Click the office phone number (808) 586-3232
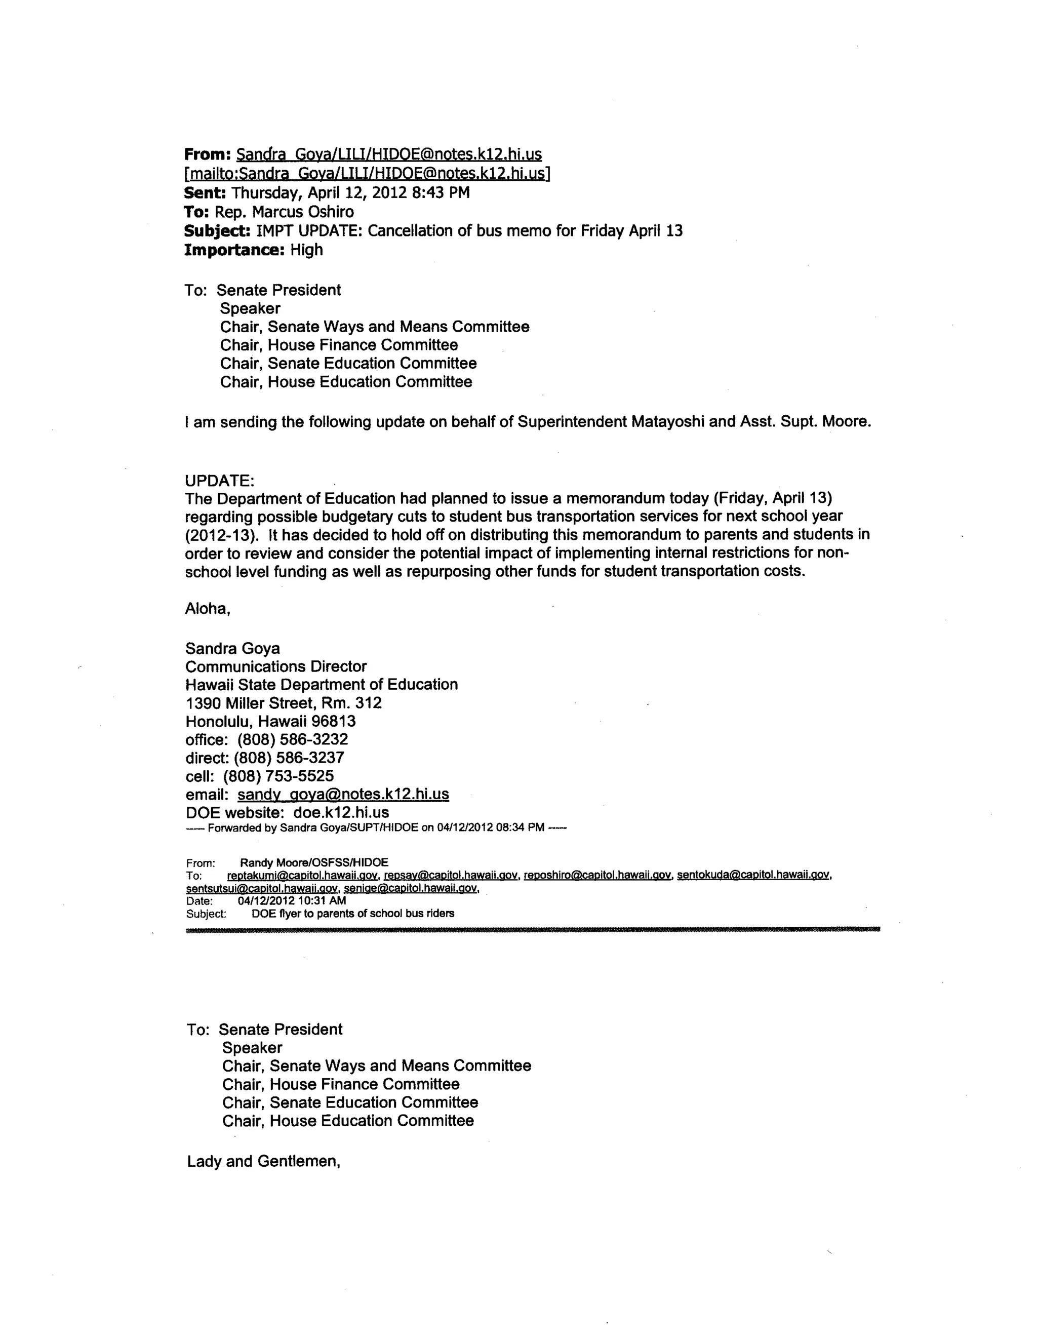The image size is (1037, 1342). point(293,739)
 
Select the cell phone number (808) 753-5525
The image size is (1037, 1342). point(278,775)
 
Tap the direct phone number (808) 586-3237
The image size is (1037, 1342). point(289,758)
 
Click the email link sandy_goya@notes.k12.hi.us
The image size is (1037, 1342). point(343,794)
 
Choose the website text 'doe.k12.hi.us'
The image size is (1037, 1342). point(341,812)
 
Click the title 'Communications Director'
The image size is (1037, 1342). point(276,667)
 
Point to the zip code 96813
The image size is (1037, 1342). point(334,721)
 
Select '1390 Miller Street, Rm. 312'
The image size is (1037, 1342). point(283,703)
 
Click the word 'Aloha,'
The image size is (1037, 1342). point(208,609)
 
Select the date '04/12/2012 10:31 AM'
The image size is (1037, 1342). point(291,901)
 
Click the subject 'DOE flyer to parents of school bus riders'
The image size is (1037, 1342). point(352,914)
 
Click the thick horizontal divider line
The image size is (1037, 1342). point(532,930)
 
